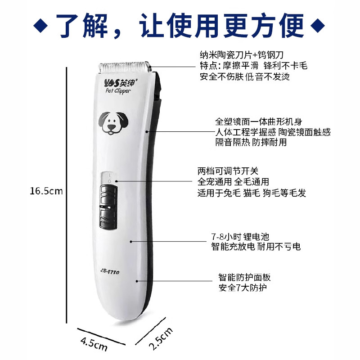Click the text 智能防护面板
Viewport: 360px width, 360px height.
click(x=244, y=277)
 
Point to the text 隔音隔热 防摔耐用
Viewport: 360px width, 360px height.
click(x=251, y=143)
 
